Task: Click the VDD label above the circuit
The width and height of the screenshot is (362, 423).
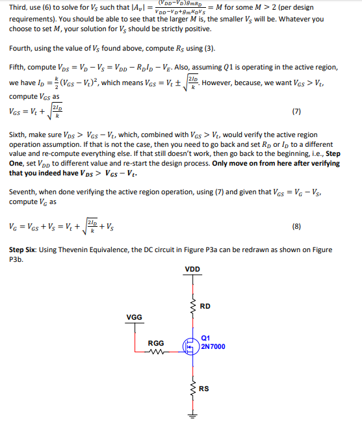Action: pos(192,269)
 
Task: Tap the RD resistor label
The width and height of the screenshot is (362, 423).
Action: pos(205,306)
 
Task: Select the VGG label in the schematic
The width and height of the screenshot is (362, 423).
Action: pos(135,317)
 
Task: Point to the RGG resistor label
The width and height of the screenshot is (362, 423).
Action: pos(156,342)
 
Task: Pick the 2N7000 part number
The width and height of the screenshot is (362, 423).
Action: pos(214,346)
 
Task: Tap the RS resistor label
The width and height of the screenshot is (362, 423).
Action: pos(205,389)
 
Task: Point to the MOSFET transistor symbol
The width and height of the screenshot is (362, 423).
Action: pos(190,348)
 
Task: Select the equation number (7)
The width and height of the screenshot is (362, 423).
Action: pos(296,111)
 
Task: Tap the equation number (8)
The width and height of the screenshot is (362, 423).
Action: pos(296,227)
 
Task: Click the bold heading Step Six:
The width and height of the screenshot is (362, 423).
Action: pos(26,250)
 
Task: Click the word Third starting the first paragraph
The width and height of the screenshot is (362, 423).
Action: pos(19,7)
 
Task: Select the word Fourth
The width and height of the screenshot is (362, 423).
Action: pos(21,49)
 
